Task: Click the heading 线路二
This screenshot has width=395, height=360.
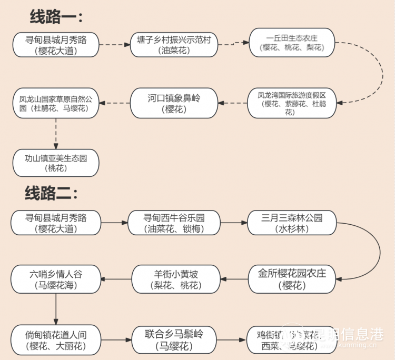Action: [51, 193]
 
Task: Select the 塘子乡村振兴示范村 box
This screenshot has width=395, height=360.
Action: [173, 45]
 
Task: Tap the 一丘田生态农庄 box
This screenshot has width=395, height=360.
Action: [292, 43]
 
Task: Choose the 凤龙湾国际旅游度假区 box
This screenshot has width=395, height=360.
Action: [292, 103]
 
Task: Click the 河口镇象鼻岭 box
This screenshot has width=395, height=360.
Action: [173, 103]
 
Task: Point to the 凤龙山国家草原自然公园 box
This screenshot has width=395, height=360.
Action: [55, 103]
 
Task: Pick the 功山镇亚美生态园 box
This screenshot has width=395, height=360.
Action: [55, 163]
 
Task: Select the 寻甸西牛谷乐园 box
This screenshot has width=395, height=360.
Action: [174, 223]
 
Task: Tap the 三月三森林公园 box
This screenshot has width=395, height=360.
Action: [292, 223]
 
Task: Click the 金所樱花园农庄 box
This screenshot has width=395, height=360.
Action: [292, 279]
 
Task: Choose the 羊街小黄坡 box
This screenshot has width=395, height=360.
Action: [174, 279]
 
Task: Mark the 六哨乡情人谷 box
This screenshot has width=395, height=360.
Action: [55, 279]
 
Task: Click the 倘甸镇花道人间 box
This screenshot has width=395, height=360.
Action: [55, 339]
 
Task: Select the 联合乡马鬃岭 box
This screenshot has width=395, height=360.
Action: [174, 339]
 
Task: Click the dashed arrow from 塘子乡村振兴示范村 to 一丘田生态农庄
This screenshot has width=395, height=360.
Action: [233, 44]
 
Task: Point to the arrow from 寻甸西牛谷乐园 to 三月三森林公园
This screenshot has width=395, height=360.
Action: [234, 223]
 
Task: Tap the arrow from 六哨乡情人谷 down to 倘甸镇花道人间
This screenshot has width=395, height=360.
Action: [55, 309]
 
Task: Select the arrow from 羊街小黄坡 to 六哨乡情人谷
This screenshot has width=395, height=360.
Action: [115, 279]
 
